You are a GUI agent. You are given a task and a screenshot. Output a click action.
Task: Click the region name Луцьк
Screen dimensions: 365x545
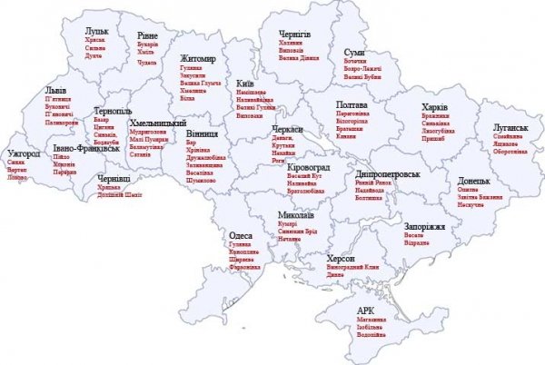point(97,32)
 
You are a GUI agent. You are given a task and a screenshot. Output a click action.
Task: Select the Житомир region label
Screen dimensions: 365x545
point(200,58)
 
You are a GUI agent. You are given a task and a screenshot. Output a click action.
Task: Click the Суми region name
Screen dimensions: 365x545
point(354,54)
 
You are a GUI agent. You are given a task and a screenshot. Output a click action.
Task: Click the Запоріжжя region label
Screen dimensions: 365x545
point(425,225)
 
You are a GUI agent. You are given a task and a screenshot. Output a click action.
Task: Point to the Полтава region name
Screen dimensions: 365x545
point(351,104)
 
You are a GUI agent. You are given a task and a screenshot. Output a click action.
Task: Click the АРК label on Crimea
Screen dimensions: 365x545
point(366,310)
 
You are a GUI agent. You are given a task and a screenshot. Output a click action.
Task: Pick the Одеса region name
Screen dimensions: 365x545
point(242,234)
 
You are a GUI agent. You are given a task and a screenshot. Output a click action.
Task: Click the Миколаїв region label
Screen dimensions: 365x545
point(296,216)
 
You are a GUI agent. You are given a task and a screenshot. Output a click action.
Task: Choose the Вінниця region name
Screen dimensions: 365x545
point(202,133)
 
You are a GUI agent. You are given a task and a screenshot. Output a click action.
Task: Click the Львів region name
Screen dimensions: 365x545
point(56,93)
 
